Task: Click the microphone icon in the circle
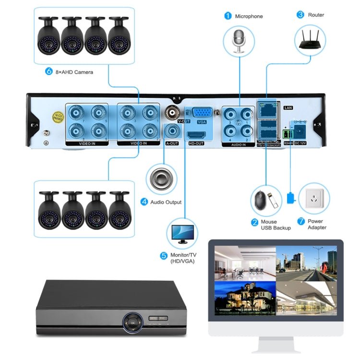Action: pyautogui.click(x=239, y=41)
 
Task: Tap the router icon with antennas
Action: pyautogui.click(x=310, y=40)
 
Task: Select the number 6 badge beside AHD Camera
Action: pyautogui.click(x=48, y=72)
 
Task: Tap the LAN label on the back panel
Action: pyautogui.click(x=288, y=108)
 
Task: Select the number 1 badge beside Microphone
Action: pyautogui.click(x=228, y=16)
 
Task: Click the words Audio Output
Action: pyautogui.click(x=166, y=203)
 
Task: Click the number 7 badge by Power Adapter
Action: pyautogui.click(x=301, y=221)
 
